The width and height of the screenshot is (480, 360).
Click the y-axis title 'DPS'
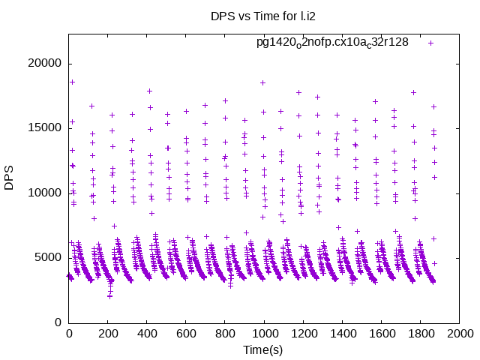click(10, 178)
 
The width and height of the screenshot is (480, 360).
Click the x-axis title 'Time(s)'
click(263, 350)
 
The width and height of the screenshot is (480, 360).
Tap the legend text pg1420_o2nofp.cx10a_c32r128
click(332, 42)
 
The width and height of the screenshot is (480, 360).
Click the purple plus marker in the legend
click(431, 43)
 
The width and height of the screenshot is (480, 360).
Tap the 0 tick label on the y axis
click(58, 322)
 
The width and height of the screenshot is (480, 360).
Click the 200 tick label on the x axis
click(108, 334)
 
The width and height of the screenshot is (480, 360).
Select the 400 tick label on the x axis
click(147, 334)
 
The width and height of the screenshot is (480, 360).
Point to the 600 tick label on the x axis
click(186, 334)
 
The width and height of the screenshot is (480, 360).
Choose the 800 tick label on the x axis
click(225, 334)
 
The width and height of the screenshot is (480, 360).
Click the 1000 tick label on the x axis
click(264, 334)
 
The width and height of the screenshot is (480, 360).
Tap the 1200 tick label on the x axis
click(303, 334)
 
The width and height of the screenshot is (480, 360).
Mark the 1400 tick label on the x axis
click(342, 334)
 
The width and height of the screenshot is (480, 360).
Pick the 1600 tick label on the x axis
click(381, 334)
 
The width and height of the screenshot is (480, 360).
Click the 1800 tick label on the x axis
click(420, 334)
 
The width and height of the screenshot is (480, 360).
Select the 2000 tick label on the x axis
click(459, 334)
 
